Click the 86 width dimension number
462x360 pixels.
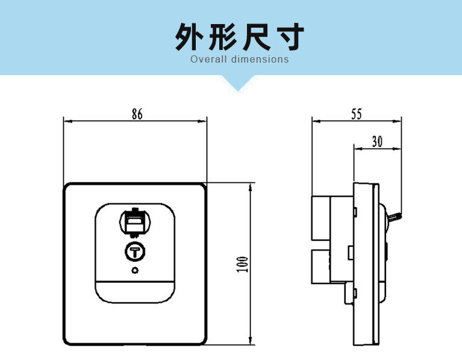click(136, 114)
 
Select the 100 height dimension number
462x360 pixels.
click(242, 264)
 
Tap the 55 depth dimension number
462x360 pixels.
click(356, 113)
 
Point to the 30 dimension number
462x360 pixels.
click(378, 141)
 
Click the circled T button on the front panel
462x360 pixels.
click(135, 250)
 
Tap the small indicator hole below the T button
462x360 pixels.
click(135, 270)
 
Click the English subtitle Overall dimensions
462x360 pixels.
click(240, 60)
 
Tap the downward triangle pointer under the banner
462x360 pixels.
click(239, 83)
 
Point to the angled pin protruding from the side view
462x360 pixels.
click(395, 216)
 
